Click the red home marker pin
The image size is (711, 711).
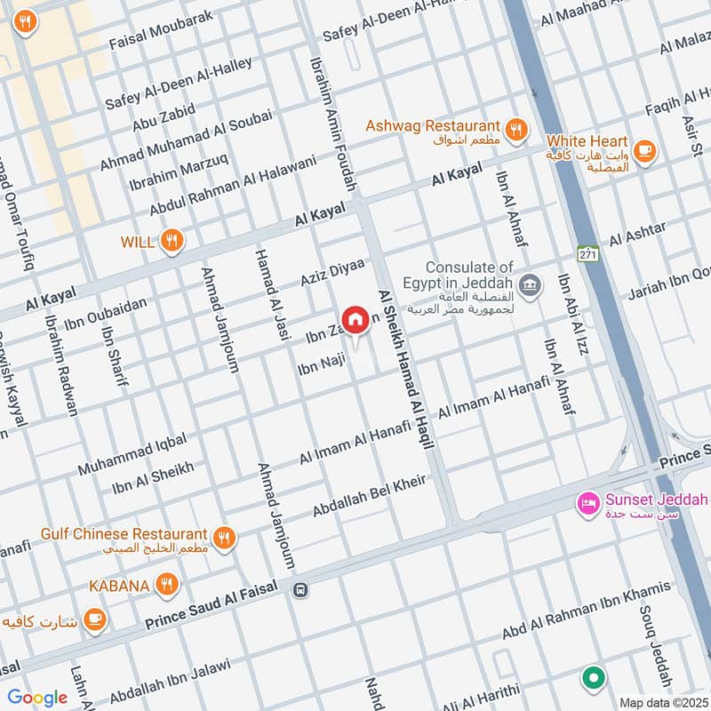(355, 320)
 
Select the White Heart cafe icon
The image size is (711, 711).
(646, 151)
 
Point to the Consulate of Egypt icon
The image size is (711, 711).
(530, 285)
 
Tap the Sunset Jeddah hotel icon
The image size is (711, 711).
(588, 505)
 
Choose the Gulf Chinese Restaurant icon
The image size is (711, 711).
(224, 539)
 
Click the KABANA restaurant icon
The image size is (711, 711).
(166, 585)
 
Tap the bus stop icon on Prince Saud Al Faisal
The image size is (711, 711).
(301, 590)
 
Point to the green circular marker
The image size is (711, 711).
(593, 679)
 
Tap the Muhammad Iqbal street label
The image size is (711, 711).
(132, 453)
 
